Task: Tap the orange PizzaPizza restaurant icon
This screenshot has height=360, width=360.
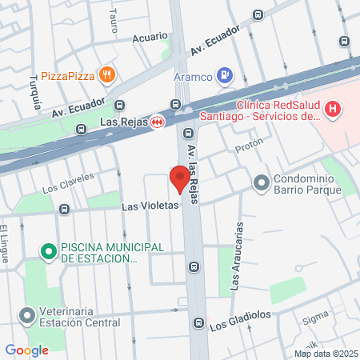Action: [108, 76]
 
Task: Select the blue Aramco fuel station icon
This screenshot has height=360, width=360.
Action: [226, 76]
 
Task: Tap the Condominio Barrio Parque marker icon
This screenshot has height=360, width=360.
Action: [261, 183]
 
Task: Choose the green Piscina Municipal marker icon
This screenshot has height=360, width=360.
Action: [48, 252]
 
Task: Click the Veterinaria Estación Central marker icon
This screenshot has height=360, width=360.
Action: [29, 317]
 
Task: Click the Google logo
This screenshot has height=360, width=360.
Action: [27, 350]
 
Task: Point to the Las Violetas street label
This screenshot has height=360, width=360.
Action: [150, 206]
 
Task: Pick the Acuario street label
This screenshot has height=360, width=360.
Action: [150, 37]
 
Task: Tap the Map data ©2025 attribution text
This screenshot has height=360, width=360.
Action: [326, 354]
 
